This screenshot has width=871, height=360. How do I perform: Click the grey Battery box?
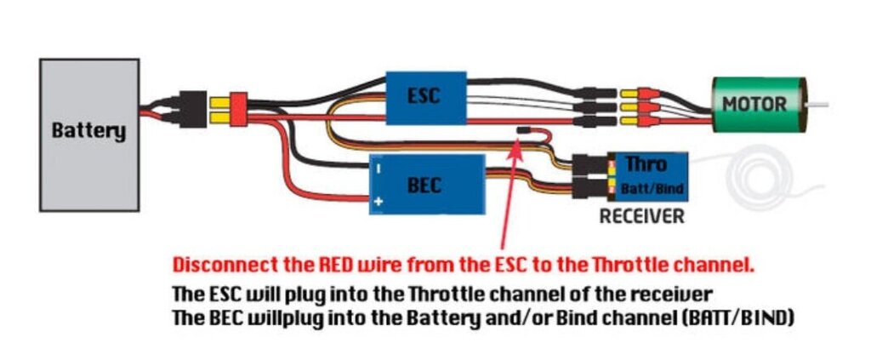[89, 134]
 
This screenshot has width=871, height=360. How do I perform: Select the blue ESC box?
[426, 95]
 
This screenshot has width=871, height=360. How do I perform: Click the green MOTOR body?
[754, 104]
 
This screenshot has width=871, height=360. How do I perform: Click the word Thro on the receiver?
[646, 163]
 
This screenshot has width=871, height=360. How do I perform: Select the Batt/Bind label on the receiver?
[652, 187]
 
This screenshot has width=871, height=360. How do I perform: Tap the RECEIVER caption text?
[641, 217]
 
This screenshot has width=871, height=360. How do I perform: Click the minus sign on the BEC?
[378, 168]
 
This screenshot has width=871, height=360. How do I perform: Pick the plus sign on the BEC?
[378, 201]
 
